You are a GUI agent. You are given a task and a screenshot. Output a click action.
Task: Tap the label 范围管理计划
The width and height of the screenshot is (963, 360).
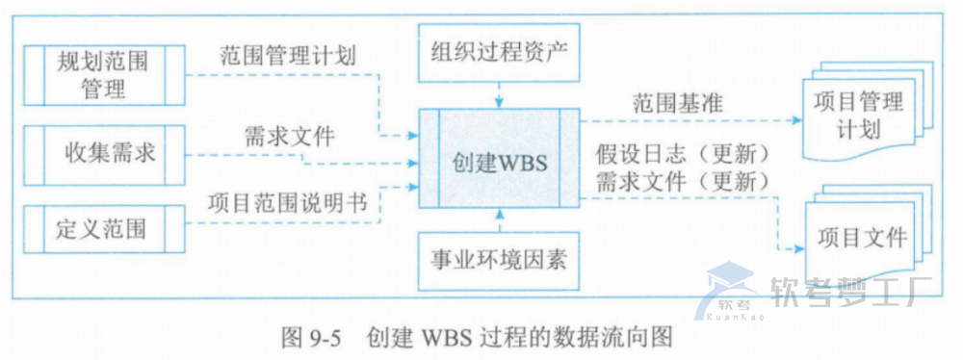[288, 56]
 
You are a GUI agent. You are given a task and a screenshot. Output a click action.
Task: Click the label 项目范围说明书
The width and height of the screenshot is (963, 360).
[288, 202]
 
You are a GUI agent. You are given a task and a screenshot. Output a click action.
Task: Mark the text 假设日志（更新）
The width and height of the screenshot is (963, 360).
[685, 154]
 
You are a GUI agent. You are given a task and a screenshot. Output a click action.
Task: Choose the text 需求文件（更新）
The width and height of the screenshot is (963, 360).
[685, 181]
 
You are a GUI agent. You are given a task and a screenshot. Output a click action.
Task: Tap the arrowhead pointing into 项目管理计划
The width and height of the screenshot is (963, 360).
[797, 122]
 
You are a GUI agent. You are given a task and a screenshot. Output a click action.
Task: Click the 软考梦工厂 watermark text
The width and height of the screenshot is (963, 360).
[846, 286]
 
